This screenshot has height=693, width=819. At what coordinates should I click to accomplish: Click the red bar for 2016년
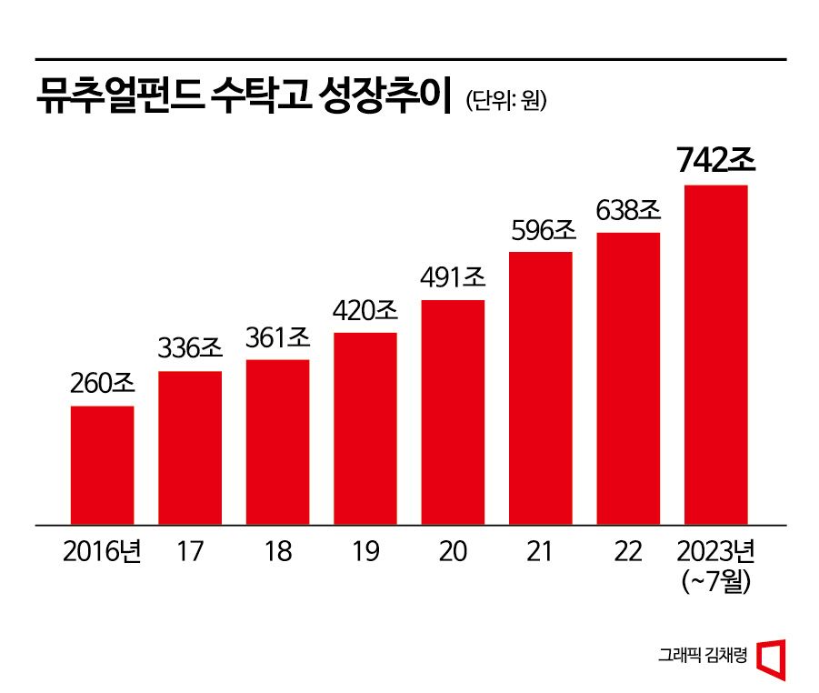[x=102, y=465]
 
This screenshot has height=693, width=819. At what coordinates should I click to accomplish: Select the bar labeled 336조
[x=190, y=447]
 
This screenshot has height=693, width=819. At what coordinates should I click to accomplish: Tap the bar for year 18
[x=277, y=442]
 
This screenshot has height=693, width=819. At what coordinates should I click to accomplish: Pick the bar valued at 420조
[x=365, y=428]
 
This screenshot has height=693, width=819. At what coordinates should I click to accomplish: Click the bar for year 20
[x=453, y=412]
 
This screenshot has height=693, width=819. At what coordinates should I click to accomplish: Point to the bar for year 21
[x=541, y=387]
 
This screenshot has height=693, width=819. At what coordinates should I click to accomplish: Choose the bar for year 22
[x=628, y=378]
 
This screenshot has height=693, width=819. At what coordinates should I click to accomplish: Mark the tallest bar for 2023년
[x=715, y=355]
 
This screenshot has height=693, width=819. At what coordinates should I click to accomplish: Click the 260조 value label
[x=103, y=384]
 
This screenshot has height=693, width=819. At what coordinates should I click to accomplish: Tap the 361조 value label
[x=278, y=338]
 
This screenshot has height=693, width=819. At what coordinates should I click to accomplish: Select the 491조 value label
[x=454, y=278]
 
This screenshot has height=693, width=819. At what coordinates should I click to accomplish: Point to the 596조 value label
[x=541, y=231]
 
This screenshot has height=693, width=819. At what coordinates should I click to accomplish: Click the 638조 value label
[x=628, y=211]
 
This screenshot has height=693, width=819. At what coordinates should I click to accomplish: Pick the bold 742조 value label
[x=716, y=160]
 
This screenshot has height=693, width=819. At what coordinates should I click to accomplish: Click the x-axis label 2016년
[x=102, y=552]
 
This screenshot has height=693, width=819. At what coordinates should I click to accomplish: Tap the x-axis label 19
[x=365, y=552]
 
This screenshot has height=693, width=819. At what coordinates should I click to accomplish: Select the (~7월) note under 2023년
[x=715, y=582]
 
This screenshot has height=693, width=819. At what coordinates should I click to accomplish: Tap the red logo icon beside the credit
[x=771, y=657]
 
